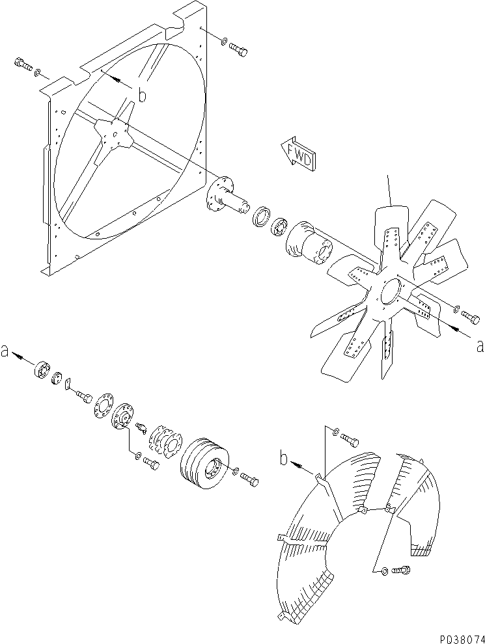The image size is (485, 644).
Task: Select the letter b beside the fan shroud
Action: (x=141, y=96)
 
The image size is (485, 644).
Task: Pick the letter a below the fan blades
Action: (x=480, y=346)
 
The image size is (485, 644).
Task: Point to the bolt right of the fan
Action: (x=471, y=317)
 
